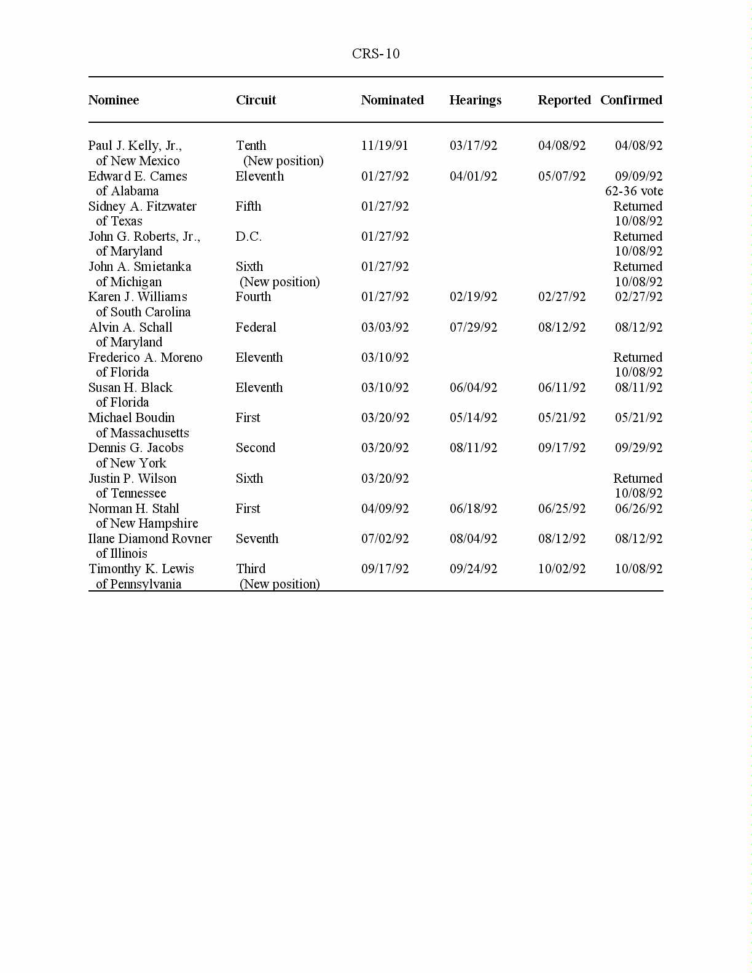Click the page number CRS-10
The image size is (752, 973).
[x=375, y=54]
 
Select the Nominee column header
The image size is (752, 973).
[x=114, y=100]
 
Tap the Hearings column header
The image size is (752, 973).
[x=475, y=100]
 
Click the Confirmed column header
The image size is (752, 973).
[x=631, y=100]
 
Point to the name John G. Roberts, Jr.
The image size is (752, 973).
[x=144, y=236]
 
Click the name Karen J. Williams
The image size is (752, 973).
[x=138, y=297]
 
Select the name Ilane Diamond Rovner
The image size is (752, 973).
[x=150, y=539]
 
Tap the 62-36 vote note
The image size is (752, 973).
[x=633, y=191]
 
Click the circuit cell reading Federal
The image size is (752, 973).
[x=256, y=327]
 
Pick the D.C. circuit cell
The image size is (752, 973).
[x=248, y=236]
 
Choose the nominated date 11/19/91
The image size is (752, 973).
[x=385, y=146]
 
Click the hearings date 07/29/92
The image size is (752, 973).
[x=473, y=327]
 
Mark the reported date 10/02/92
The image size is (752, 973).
[x=562, y=569]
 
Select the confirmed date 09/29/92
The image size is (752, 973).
[x=638, y=448]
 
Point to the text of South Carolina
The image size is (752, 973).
[x=143, y=312]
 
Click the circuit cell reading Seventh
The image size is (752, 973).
[x=257, y=539]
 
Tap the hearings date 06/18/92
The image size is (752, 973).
[x=473, y=509]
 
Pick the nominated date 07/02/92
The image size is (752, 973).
[x=385, y=539]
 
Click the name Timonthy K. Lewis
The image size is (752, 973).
[x=141, y=569]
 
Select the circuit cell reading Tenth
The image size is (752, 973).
[x=251, y=146]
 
